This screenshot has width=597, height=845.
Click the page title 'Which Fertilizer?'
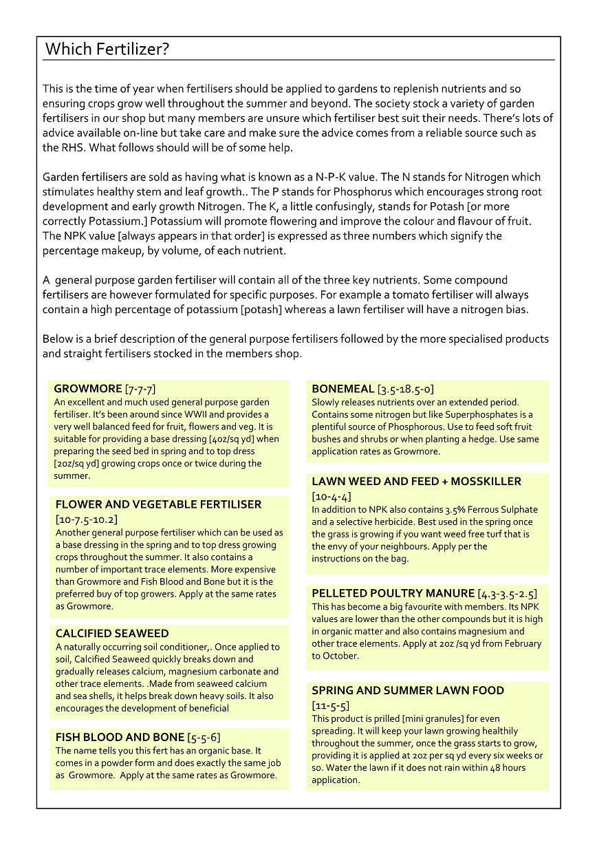(x=107, y=50)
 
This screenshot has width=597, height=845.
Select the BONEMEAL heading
(x=343, y=389)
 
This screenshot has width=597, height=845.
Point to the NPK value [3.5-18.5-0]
(x=406, y=389)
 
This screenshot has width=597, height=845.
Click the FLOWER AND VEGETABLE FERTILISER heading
(x=158, y=504)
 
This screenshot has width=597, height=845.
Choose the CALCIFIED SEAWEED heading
(x=112, y=633)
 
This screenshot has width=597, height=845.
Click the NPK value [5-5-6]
(x=204, y=738)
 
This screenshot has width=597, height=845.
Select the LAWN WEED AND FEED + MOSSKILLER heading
(x=416, y=482)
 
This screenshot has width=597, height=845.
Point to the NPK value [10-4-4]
(x=332, y=496)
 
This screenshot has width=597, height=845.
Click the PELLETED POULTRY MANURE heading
(x=393, y=593)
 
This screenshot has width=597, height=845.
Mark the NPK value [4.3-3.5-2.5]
(x=508, y=593)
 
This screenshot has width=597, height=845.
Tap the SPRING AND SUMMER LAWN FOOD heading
(x=408, y=690)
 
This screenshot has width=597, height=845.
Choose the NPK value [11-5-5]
(x=330, y=705)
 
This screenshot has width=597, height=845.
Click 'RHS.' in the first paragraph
(x=54, y=147)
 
